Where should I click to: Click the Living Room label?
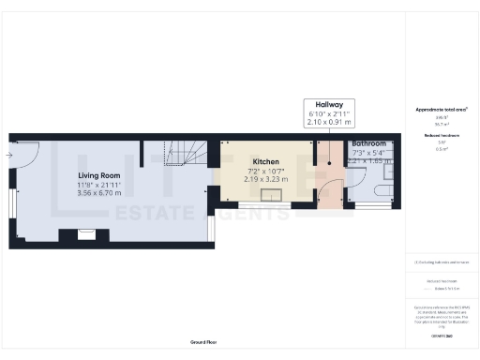click(98, 174)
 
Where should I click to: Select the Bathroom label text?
click(369, 143)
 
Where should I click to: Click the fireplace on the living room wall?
click(77, 235)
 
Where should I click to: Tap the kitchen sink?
click(275, 195)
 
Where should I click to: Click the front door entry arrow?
click(8, 155)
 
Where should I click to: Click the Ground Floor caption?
click(202, 343)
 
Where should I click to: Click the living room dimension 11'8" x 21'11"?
click(98, 185)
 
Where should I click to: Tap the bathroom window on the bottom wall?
click(372, 203)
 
